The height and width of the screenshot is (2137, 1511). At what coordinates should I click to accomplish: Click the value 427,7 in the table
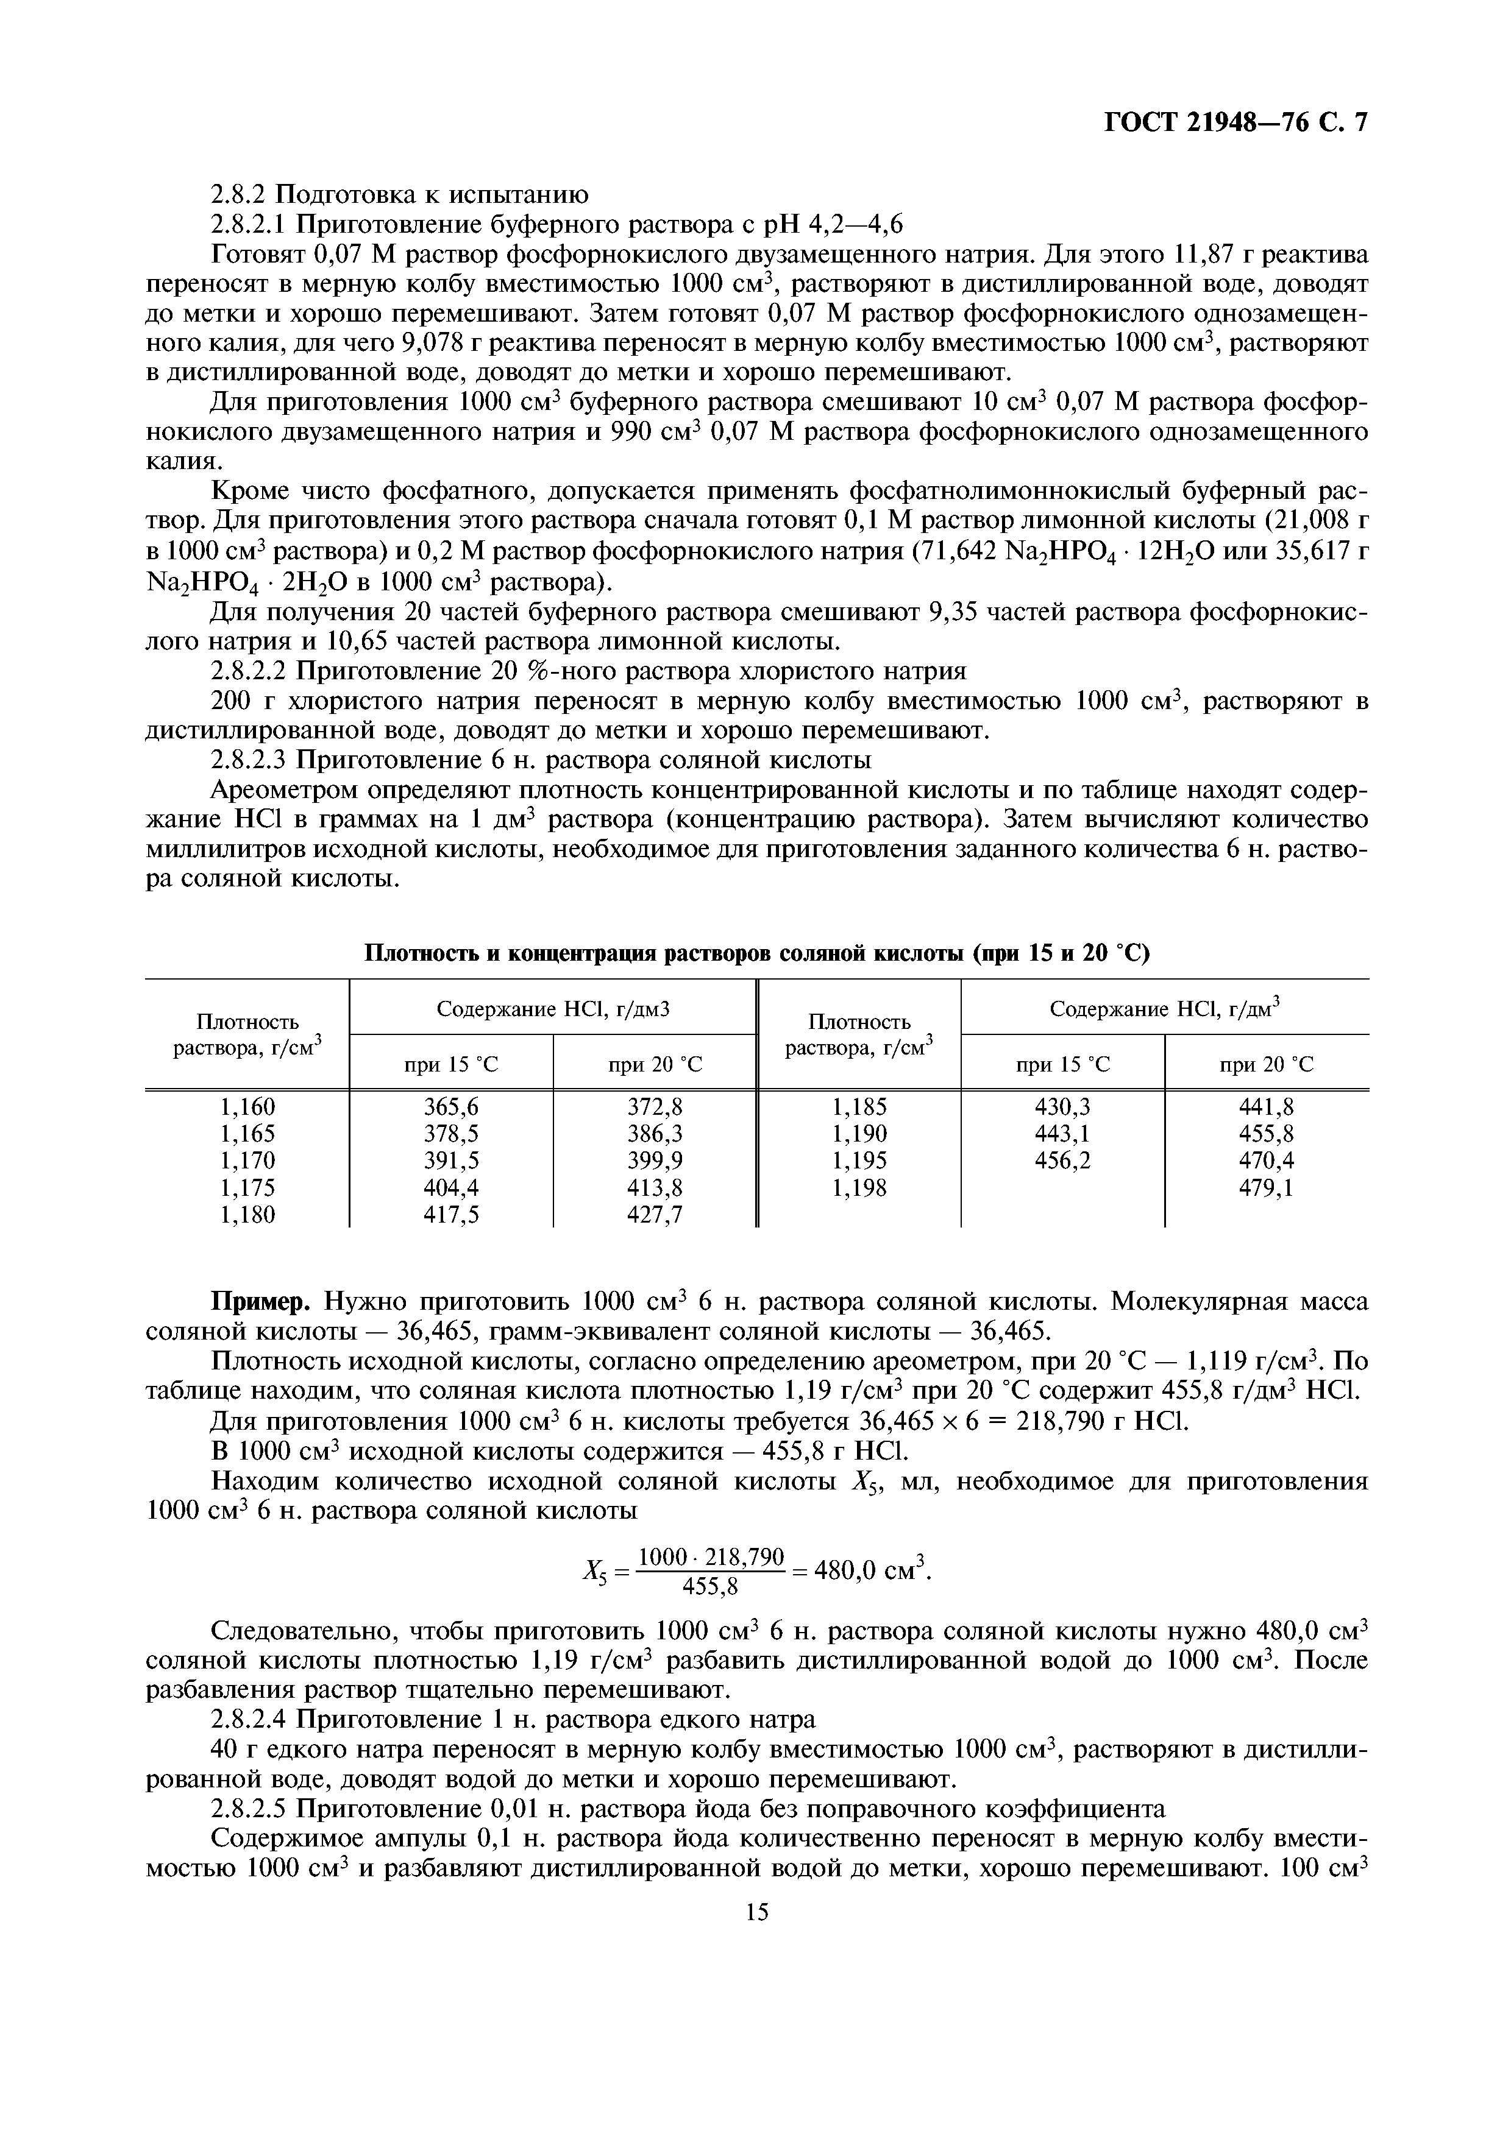(x=655, y=1215)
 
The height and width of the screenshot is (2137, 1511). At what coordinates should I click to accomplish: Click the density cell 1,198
(x=859, y=1188)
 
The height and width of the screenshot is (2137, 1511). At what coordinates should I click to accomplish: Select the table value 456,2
(x=1062, y=1160)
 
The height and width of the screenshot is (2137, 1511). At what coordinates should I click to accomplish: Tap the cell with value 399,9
(x=655, y=1160)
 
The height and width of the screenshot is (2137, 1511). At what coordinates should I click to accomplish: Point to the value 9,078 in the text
(x=433, y=344)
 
